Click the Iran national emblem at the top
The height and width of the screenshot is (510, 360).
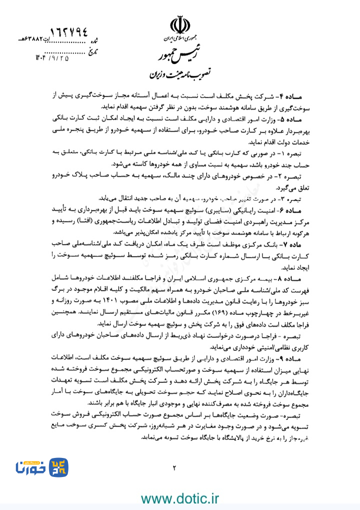180,25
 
